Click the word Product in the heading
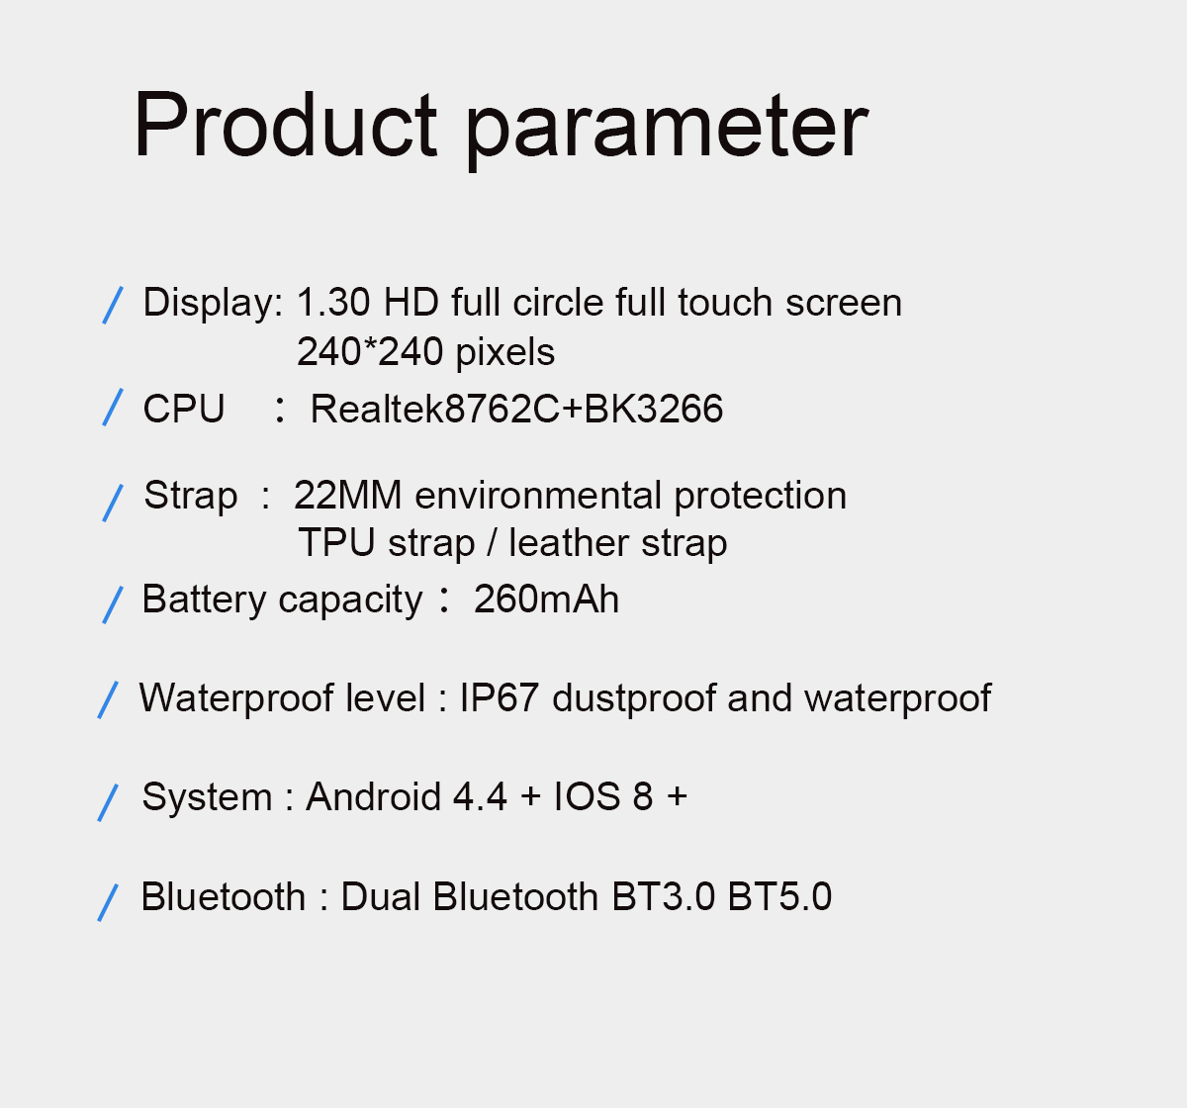286,125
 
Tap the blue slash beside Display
113,305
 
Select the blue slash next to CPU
113,408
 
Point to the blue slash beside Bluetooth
108,903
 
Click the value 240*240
369,351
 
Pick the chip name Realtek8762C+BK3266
516,409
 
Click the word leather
569,543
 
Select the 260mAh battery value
546,600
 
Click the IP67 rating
500,697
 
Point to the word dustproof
633,699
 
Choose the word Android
374,797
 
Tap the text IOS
588,797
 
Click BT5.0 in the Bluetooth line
779,896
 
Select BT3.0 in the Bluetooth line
664,896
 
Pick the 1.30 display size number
333,302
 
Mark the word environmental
538,495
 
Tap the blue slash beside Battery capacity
113,605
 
